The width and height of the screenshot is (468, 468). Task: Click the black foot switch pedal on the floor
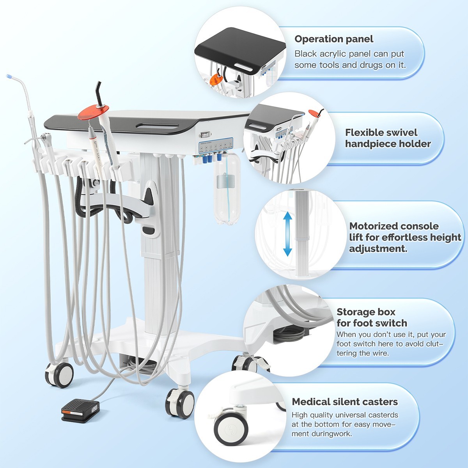click(80, 410)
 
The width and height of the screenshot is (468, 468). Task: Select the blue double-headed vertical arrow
click(287, 234)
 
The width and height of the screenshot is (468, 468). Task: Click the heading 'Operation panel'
click(334, 39)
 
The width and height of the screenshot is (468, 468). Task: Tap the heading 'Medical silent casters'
click(345, 402)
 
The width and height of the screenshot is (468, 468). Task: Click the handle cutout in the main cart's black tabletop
click(157, 126)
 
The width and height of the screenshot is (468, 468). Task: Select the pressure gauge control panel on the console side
click(216, 145)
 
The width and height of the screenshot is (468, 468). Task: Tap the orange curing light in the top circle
click(216, 79)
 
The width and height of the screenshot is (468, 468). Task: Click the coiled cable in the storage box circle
click(289, 334)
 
